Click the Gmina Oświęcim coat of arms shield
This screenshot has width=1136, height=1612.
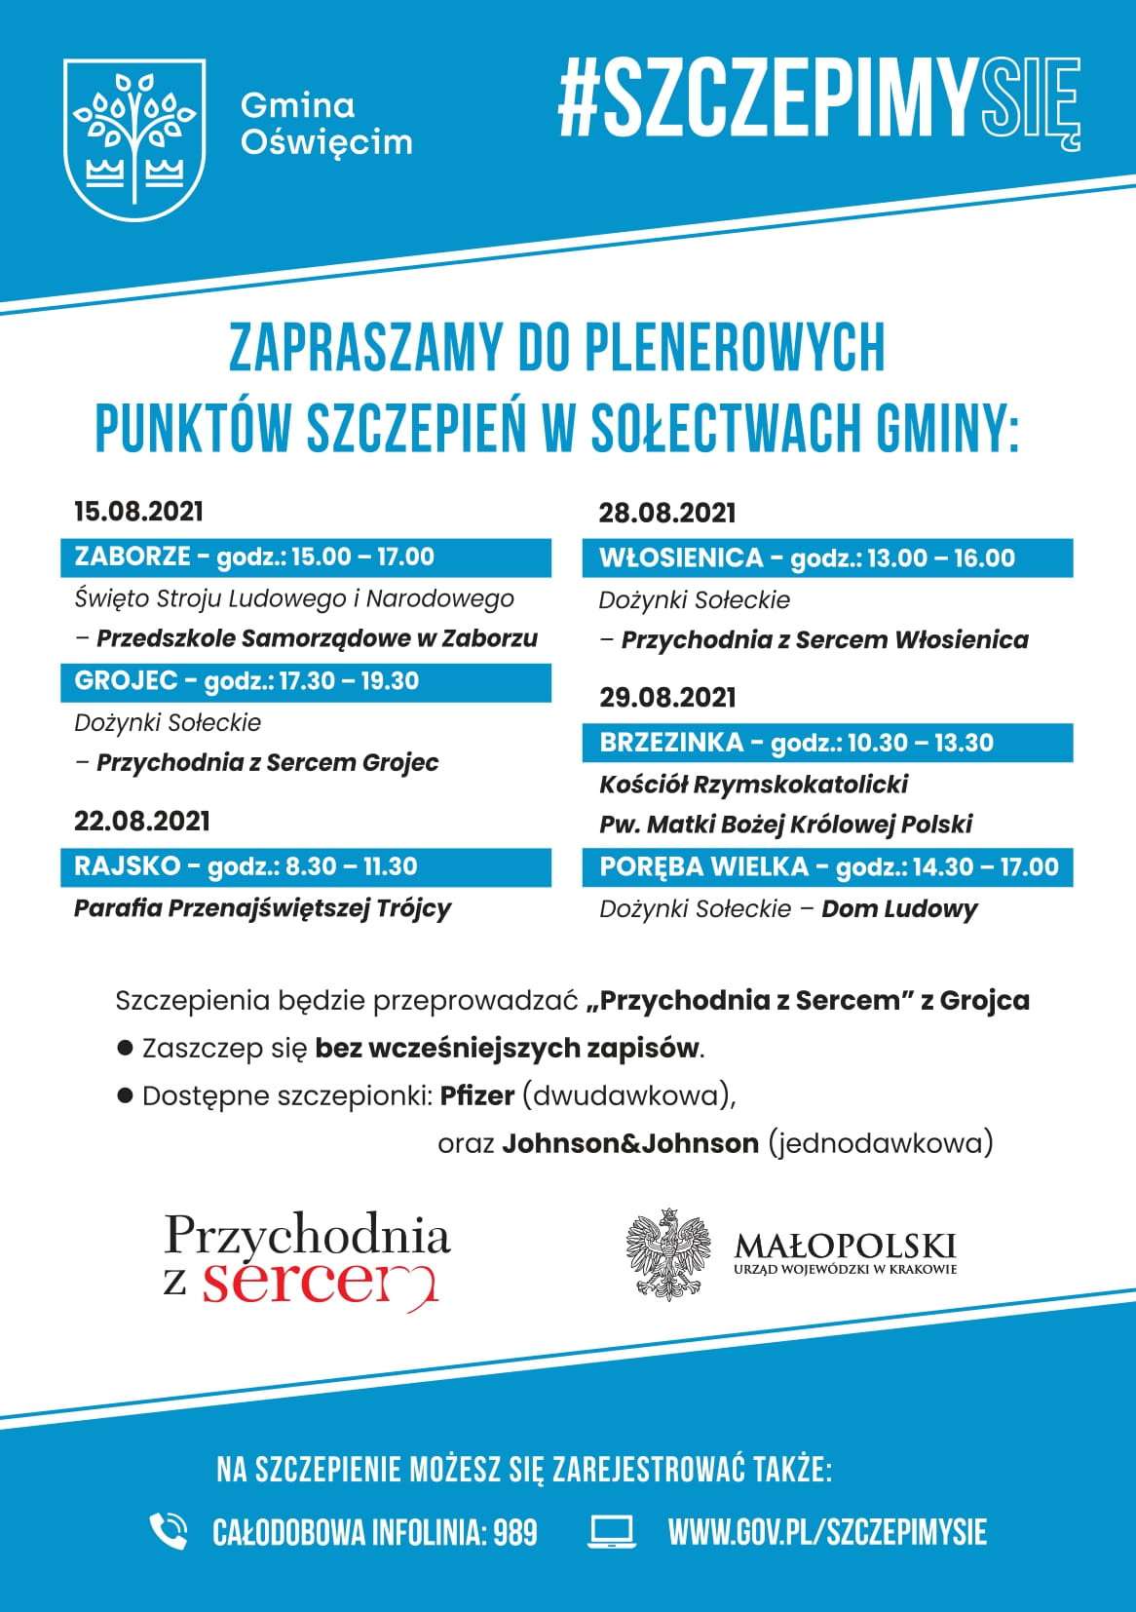(x=134, y=139)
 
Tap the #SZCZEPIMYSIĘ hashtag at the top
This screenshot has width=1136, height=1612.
(x=818, y=99)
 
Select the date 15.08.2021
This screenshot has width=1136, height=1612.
(x=139, y=512)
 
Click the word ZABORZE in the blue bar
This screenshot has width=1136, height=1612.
(x=133, y=557)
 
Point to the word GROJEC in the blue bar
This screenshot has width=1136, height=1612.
(x=126, y=680)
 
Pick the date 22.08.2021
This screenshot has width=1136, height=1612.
(x=142, y=821)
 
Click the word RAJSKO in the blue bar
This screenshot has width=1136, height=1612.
(x=128, y=866)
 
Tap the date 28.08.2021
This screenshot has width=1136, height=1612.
(x=667, y=513)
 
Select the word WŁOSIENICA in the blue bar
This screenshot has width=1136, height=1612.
(x=681, y=558)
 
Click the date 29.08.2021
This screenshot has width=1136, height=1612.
(x=667, y=698)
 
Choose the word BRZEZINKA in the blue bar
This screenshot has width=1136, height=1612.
(x=671, y=743)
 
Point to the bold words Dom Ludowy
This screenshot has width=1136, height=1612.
(x=899, y=909)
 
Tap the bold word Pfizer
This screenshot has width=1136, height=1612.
(x=476, y=1095)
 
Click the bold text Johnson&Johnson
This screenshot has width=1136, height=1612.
(x=630, y=1143)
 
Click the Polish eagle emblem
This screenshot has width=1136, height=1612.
(x=668, y=1254)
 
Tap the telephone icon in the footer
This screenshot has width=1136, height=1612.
(x=169, y=1531)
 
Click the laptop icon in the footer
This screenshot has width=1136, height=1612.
(x=612, y=1531)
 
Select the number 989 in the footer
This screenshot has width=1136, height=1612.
(x=514, y=1532)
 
